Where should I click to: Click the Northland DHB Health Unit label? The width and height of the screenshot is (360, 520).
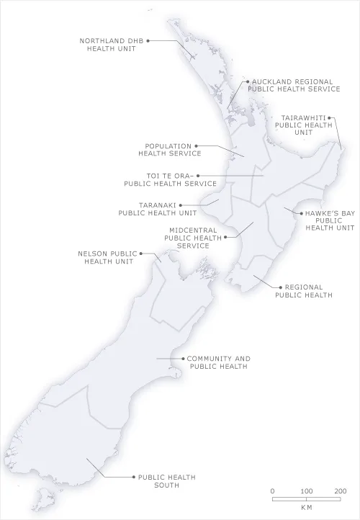[112, 45]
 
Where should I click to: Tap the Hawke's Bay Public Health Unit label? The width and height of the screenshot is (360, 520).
[330, 220]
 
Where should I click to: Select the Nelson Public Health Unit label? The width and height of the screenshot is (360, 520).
[108, 257]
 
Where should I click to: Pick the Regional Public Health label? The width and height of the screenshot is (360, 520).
[303, 290]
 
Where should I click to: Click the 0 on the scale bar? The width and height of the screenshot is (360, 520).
[272, 490]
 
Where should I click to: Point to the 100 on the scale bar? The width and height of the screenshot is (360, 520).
[306, 490]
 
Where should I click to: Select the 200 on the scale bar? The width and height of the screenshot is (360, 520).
[341, 490]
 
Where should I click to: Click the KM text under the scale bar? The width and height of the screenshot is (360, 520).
[307, 508]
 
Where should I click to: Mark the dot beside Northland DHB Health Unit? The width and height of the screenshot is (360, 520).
[148, 40]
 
